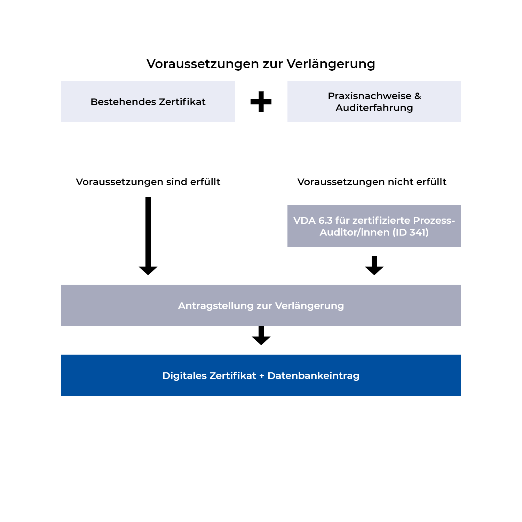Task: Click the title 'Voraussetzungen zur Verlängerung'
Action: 261,64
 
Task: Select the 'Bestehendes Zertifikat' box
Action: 148,102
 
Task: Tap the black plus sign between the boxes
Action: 261,102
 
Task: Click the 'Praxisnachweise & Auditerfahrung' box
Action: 374,102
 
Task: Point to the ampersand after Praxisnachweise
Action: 418,96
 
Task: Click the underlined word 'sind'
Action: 177,182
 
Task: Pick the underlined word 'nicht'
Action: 401,182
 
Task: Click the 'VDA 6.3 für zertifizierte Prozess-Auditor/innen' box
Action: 374,226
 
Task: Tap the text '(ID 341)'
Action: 411,232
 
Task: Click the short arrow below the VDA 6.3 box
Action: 374,266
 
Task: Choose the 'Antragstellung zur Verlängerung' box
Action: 261,306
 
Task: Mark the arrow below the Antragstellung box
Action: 261,336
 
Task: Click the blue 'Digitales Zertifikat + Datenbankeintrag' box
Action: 261,375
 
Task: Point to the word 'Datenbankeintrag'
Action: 313,376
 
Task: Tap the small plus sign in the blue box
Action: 262,376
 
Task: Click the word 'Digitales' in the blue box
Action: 184,376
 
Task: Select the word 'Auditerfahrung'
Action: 374,108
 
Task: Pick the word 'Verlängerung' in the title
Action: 331,64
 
